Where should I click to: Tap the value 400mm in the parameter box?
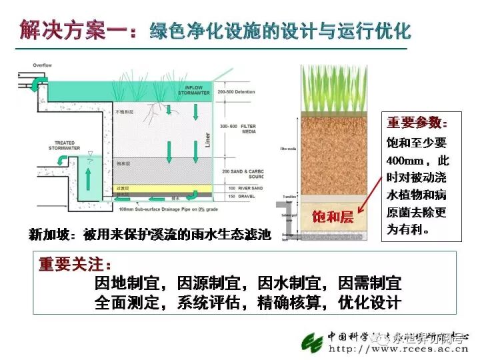click(x=403, y=161)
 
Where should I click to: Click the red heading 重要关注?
click(x=75, y=263)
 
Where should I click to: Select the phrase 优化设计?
click(x=369, y=302)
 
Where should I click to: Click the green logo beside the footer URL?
click(x=311, y=342)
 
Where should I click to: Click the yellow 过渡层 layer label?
click(x=123, y=189)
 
